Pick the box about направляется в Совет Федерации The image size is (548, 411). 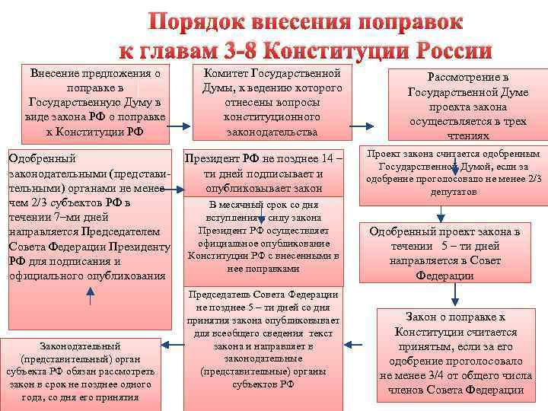coord(455,253)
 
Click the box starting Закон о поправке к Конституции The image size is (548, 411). coord(455,354)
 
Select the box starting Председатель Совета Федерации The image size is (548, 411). coord(262,339)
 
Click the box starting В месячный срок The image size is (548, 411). coord(263,236)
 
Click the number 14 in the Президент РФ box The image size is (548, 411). coord(323,159)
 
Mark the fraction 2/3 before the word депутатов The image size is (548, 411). coord(533,180)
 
